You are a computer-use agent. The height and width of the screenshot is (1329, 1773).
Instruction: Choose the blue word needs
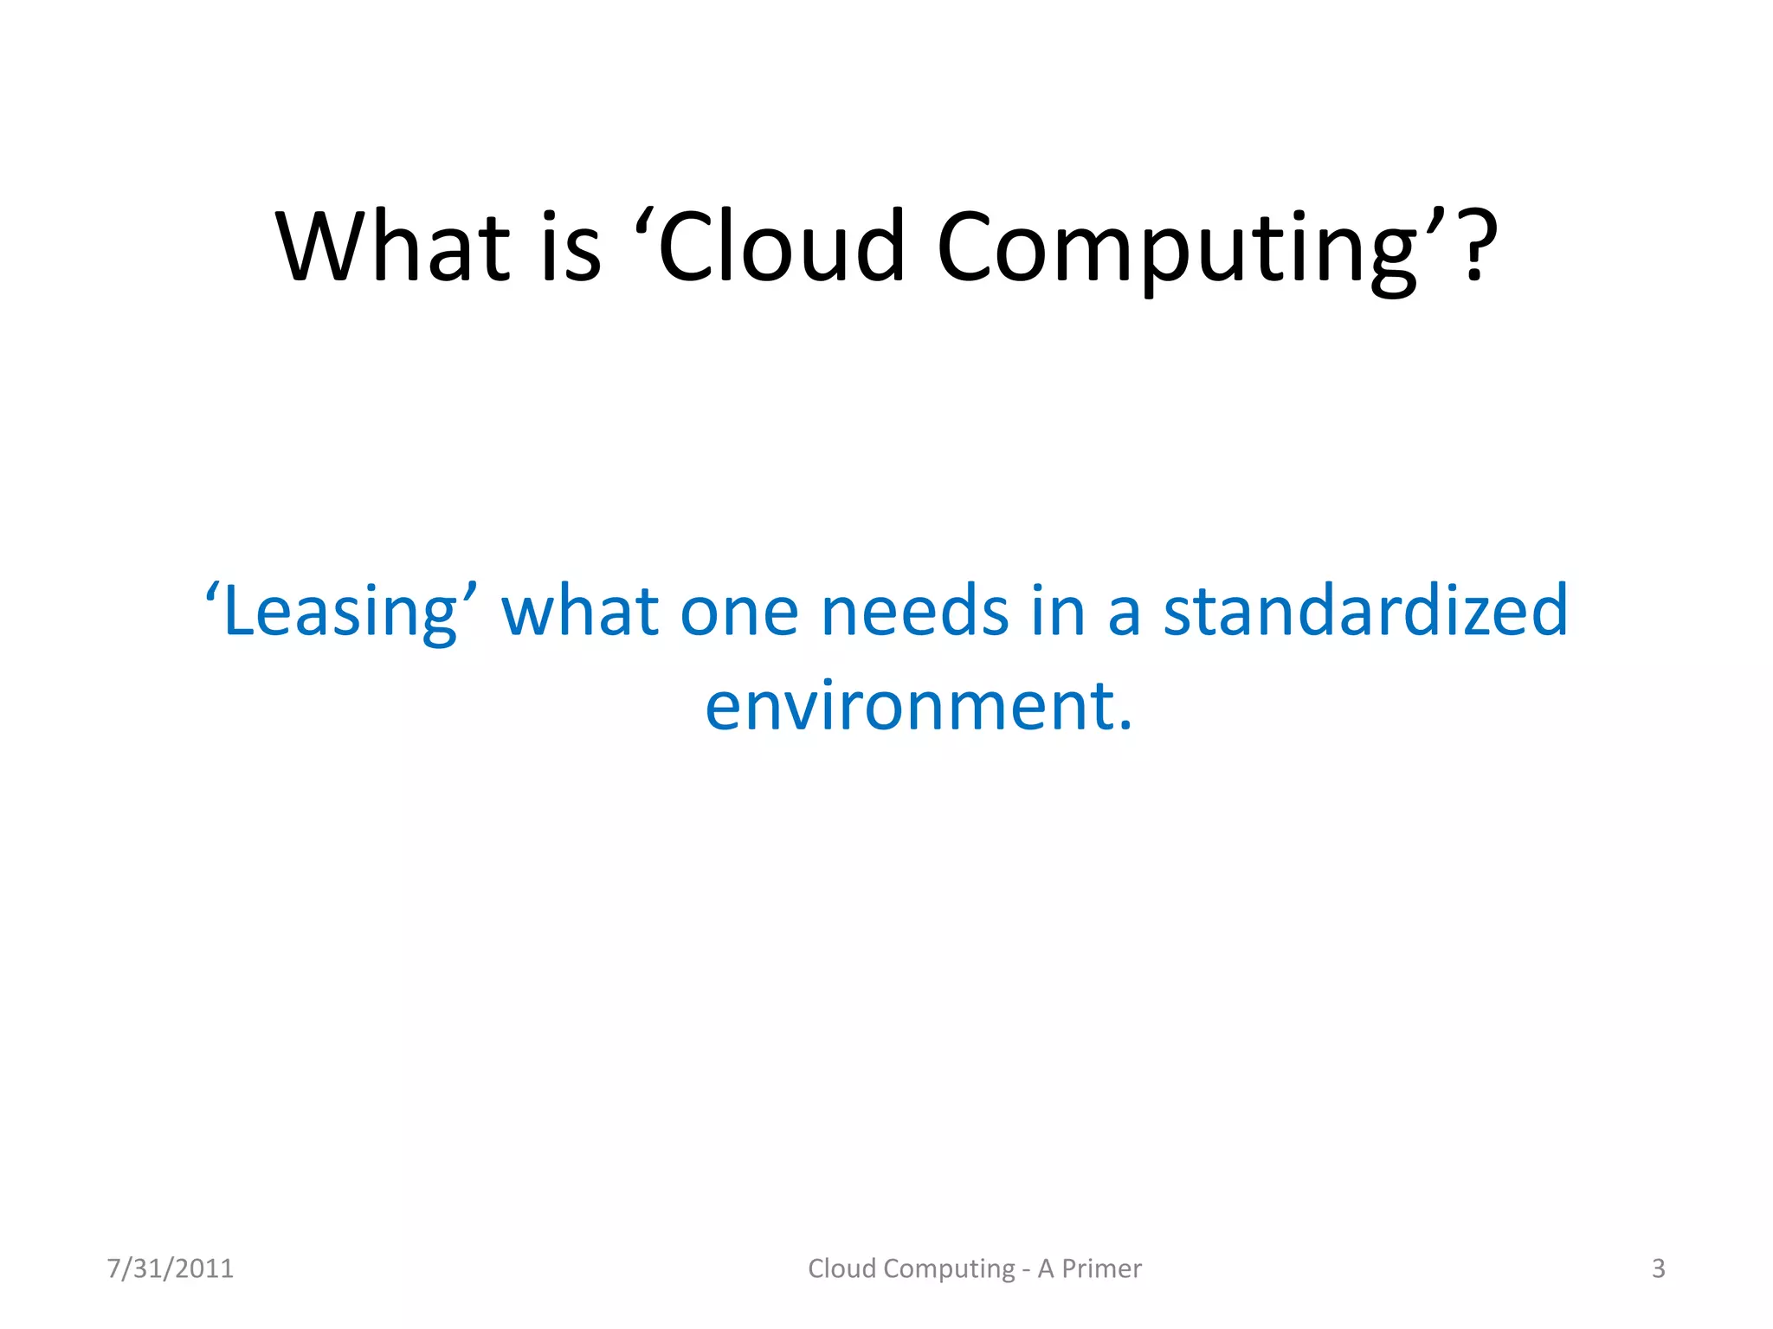[915, 611]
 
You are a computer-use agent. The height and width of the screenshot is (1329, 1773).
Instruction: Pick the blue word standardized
[1365, 611]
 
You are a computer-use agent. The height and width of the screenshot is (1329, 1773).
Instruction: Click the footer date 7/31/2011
[171, 1268]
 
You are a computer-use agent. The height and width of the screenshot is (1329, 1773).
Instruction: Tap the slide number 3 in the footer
[1658, 1268]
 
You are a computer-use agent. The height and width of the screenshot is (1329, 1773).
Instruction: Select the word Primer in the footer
[1102, 1268]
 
